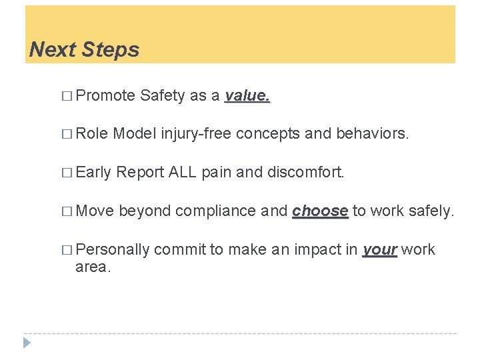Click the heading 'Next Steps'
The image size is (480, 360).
point(85,49)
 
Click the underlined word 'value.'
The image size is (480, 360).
point(247,95)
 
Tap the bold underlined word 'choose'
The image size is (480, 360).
point(320,211)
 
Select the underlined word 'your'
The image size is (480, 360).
point(380,249)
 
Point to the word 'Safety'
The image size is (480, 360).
point(163,95)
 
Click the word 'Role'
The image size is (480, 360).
point(93,134)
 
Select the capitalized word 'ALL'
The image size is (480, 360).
point(182,173)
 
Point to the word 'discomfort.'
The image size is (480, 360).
point(306,173)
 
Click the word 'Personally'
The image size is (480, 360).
point(113,249)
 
